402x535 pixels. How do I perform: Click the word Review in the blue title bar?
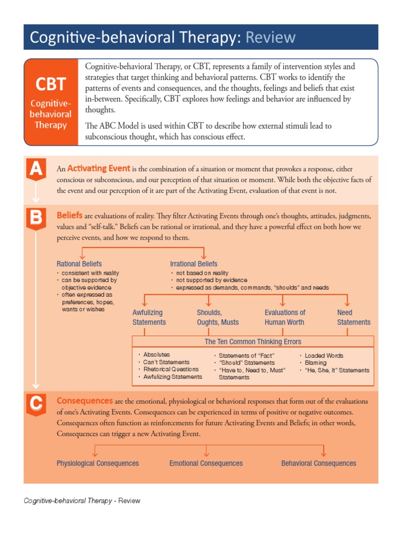pos(271,38)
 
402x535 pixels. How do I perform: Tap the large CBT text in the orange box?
pos(51,84)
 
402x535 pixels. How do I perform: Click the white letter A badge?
pos(36,169)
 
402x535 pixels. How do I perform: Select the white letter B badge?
pos(36,217)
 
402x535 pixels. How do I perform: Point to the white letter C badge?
pos(36,403)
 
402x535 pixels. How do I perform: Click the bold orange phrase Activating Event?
pos(98,168)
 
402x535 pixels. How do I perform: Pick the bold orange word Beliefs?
pos(69,215)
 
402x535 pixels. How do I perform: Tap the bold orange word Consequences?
pos(84,401)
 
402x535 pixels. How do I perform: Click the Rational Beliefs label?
pos(79,264)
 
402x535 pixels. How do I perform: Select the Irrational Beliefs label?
pos(194,264)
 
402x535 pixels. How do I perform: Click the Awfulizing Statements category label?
pos(149,317)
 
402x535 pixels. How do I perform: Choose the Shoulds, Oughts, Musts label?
pos(218,317)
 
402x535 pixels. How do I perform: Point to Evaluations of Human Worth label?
pos(285,317)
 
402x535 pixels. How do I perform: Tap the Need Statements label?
pos(354,317)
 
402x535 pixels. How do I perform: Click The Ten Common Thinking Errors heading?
pos(253,342)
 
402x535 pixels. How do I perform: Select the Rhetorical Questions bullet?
pos(171,369)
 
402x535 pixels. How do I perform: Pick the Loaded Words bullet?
pos(324,355)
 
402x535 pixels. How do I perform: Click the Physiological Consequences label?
pos(98,463)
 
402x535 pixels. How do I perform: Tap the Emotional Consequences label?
pos(206,463)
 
